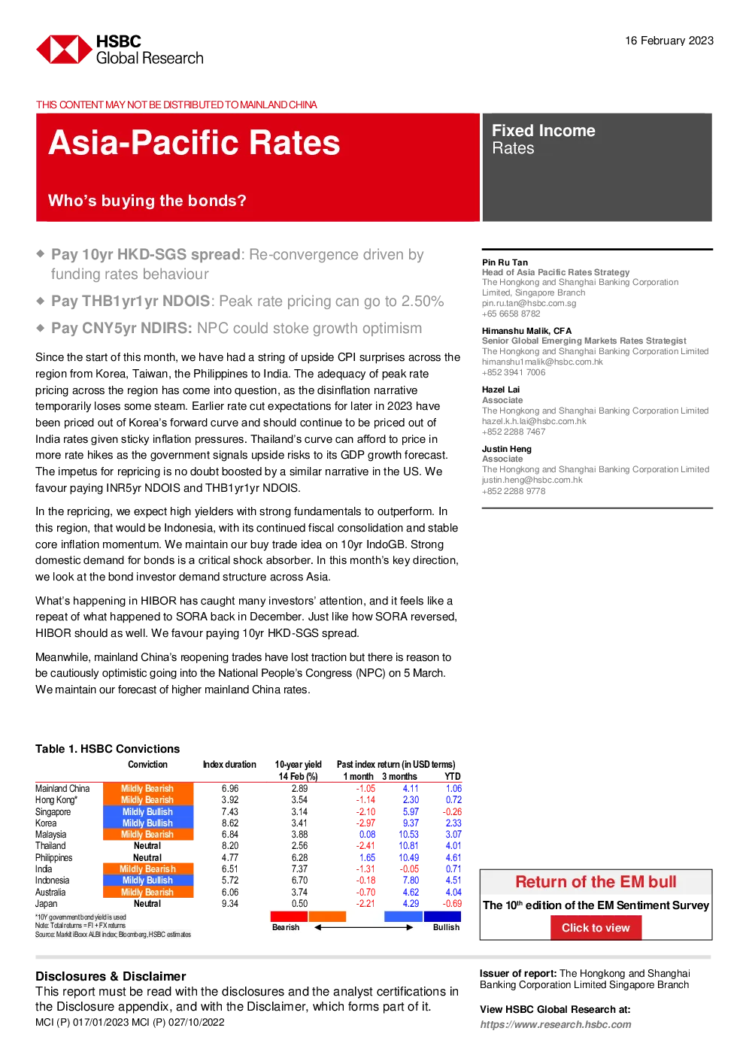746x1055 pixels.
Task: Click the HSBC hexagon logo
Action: coord(64,50)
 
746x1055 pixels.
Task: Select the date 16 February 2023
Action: coord(669,41)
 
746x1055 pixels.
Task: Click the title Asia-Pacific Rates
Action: coord(193,142)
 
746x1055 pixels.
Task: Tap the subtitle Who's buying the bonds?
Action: coord(147,201)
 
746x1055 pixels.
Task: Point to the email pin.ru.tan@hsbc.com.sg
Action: coord(529,303)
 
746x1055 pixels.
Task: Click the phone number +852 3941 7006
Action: coord(514,372)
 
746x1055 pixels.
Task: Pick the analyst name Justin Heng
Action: coord(506,449)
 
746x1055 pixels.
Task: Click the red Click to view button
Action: coord(596,927)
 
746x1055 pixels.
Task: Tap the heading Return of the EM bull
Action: coord(596,882)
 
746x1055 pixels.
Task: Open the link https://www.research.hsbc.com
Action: coord(555,1024)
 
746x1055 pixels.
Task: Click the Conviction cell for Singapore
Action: coord(148,811)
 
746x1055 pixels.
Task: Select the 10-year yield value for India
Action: coord(299,869)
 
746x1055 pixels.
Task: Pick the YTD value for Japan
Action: coord(452,903)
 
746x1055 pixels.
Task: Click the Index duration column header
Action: coord(229,765)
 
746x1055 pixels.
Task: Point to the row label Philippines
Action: coord(53,857)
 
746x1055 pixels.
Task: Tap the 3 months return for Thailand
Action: coord(408,846)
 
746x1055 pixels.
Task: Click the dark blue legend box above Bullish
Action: coord(442,916)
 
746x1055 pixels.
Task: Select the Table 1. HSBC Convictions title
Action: coord(108,749)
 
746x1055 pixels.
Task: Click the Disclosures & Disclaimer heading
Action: coord(111,976)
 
